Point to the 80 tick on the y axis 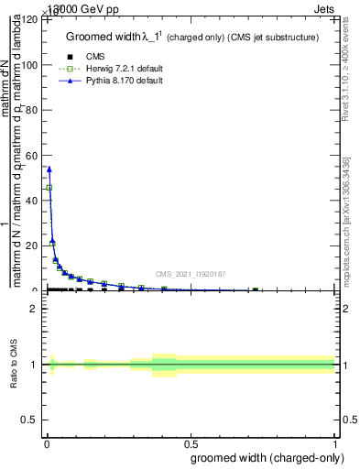pos(33,110)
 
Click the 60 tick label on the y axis pos(33,156)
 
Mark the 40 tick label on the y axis pos(33,201)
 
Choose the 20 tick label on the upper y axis pos(33,245)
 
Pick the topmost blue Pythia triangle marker pos(49,169)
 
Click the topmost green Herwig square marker pos(49,188)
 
